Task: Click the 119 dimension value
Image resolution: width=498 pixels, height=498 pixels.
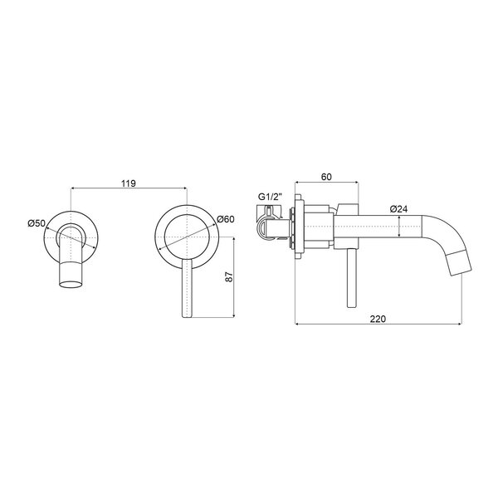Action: (129, 183)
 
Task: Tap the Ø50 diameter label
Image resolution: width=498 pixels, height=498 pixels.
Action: (37, 223)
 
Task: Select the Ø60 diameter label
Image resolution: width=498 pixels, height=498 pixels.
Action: (225, 219)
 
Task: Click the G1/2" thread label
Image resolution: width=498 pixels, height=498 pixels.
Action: (270, 197)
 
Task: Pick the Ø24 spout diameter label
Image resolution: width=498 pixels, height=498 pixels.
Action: (398, 209)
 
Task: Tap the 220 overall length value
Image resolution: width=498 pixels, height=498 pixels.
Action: (378, 319)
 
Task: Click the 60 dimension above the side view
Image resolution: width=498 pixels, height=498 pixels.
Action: (326, 177)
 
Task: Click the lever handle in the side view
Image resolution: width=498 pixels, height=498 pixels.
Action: (352, 277)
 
